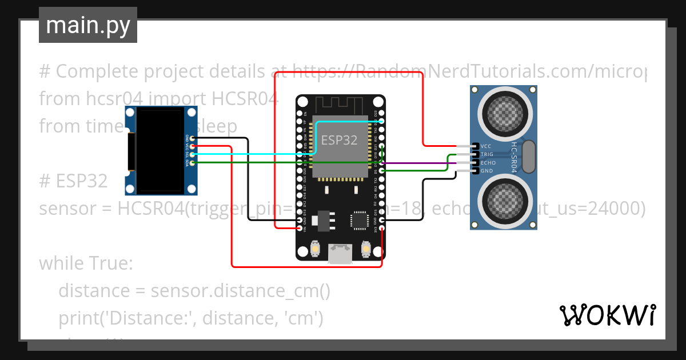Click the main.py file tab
coord(87,25)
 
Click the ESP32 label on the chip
coord(340,140)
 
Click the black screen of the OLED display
coord(161,151)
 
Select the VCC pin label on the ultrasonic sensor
coord(486,146)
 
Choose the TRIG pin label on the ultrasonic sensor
coord(488,154)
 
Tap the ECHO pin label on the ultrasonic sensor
coord(488,163)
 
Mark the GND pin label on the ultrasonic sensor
coord(486,171)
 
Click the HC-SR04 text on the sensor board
coord(514,158)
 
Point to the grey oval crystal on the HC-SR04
coord(529,157)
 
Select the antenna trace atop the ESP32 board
coord(340,105)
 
